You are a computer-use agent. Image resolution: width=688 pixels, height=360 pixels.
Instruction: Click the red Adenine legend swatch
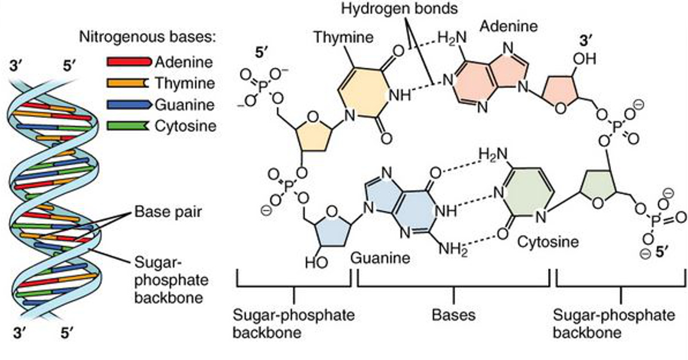coord(130,61)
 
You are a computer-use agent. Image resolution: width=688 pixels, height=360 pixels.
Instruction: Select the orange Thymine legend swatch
coord(130,83)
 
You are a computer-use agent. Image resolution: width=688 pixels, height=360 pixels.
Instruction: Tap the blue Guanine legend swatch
coord(130,104)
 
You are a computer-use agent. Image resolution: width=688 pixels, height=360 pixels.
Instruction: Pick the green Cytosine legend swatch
coord(130,126)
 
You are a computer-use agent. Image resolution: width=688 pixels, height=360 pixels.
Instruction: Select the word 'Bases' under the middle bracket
coord(454,315)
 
